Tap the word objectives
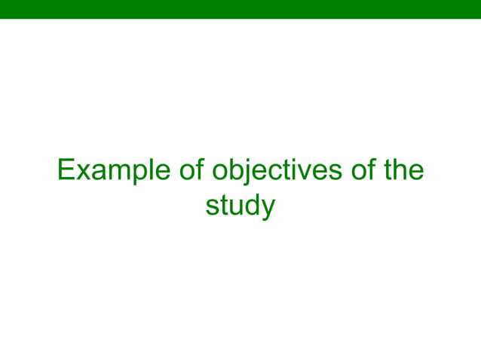click(x=278, y=171)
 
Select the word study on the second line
click(x=240, y=206)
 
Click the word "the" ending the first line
click(x=404, y=171)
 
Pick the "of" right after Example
click(x=192, y=171)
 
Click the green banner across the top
click(x=240, y=8)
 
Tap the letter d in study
click(x=250, y=206)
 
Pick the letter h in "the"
click(x=403, y=170)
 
